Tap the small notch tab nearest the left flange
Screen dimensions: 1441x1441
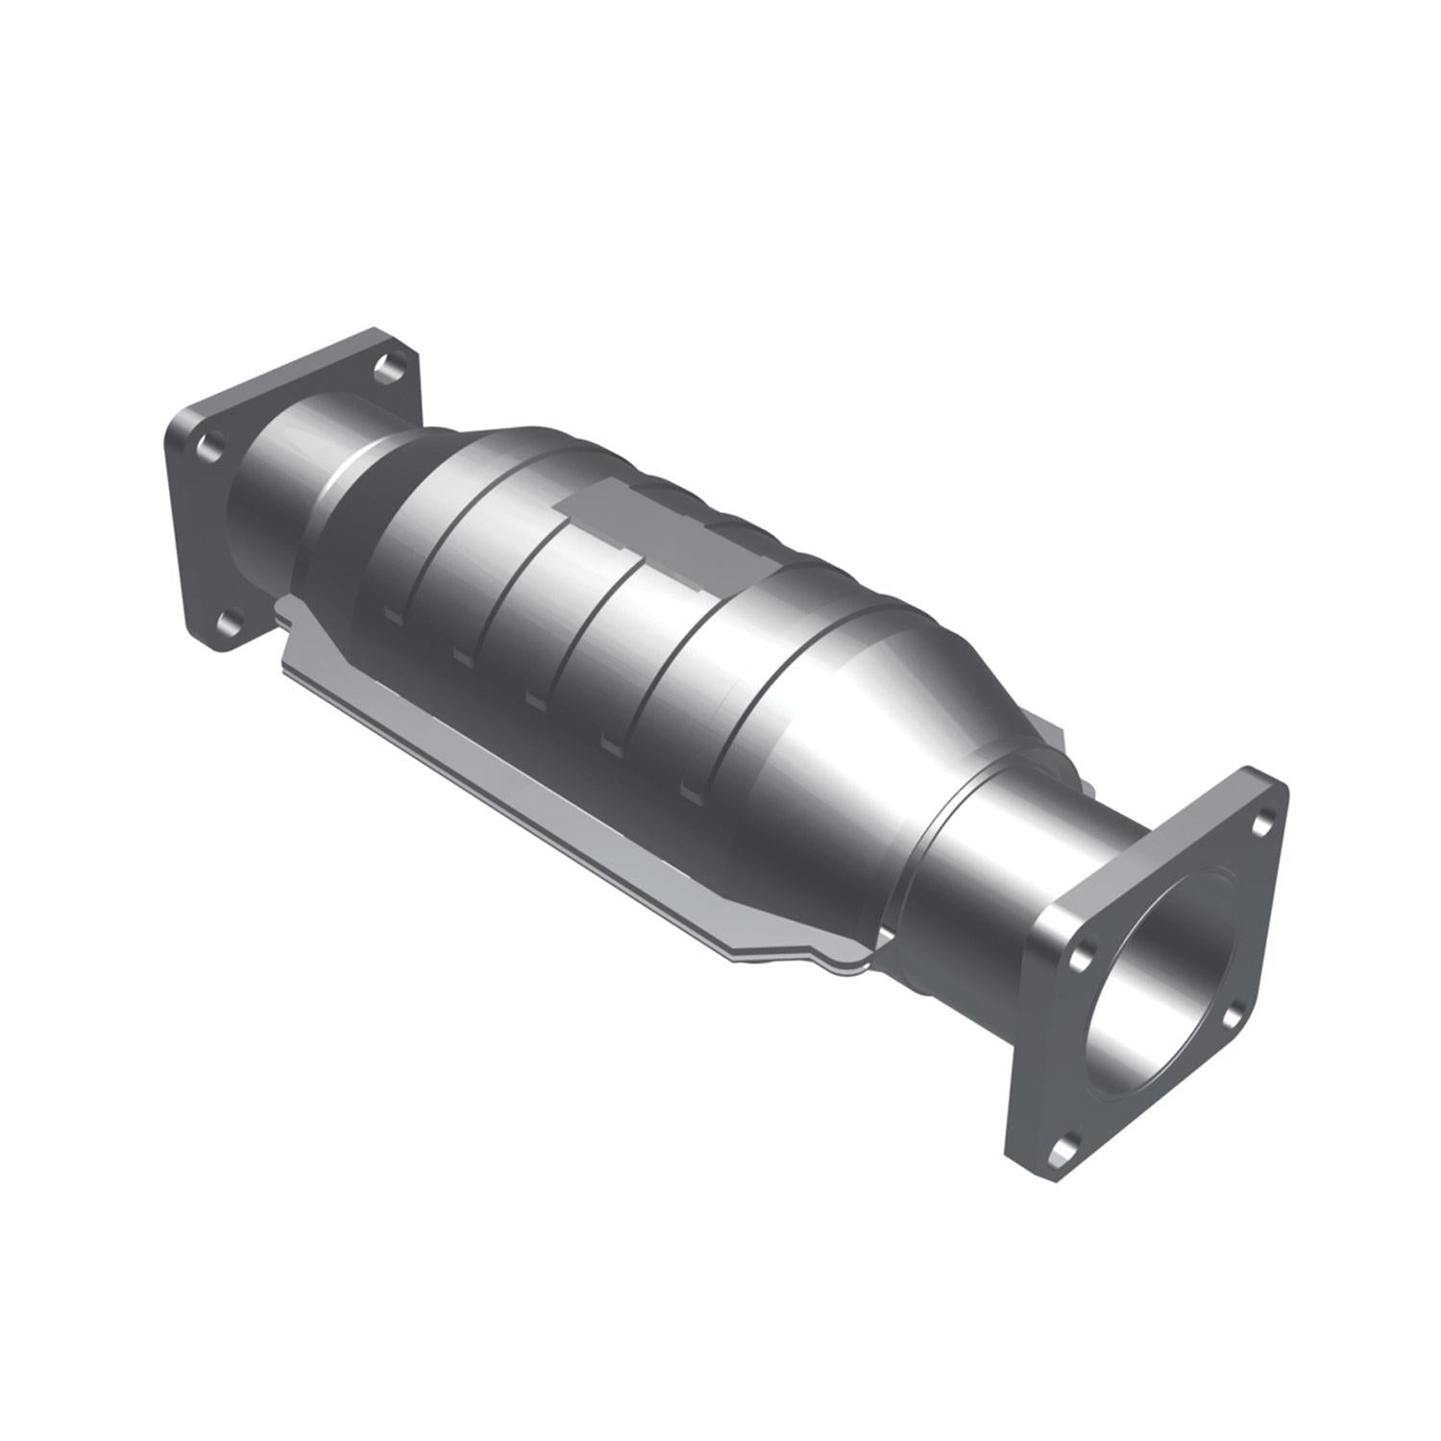(x=392, y=613)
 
